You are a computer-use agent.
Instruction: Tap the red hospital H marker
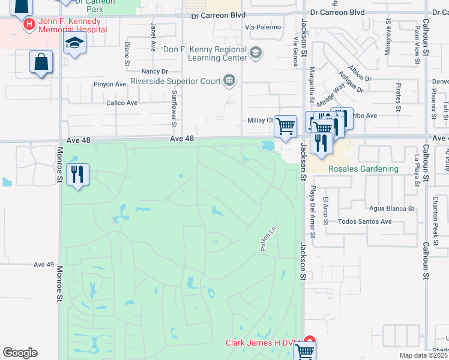click(28, 25)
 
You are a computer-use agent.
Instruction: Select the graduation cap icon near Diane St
click(75, 43)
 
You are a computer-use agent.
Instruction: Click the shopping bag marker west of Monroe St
click(41, 62)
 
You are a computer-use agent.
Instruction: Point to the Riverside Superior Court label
click(175, 80)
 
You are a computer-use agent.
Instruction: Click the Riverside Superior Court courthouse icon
click(229, 80)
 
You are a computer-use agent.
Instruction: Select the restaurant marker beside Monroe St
click(78, 175)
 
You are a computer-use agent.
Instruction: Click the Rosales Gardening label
click(363, 169)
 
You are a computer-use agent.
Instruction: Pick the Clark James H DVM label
click(263, 343)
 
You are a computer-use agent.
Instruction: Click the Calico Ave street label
click(122, 103)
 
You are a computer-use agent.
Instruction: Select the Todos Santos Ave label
click(365, 221)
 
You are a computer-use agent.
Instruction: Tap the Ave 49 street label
click(44, 265)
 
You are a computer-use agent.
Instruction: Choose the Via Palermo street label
click(262, 28)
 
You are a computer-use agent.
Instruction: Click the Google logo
click(20, 353)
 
